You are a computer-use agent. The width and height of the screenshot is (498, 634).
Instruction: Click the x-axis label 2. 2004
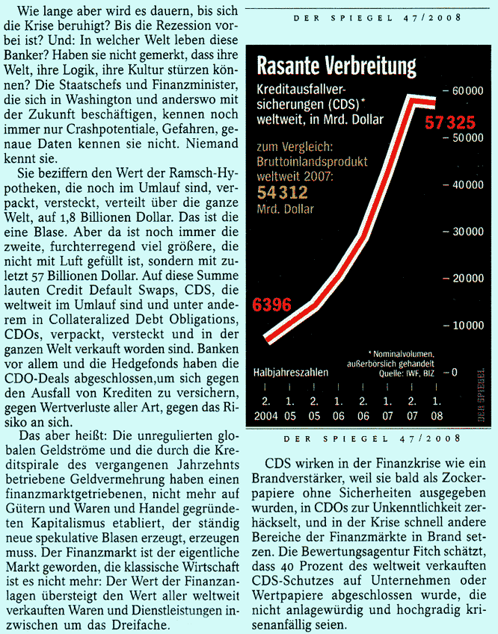point(266,408)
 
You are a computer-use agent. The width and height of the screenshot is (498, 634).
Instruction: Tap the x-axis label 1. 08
point(436,408)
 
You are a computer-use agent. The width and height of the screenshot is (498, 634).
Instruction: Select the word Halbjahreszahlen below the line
point(291,371)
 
